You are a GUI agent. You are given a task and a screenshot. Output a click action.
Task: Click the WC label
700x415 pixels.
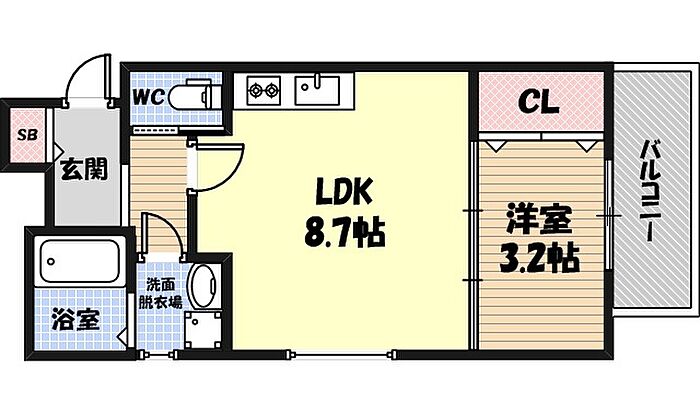[151, 96]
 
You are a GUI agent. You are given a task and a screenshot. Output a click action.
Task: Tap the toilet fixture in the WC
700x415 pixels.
[196, 97]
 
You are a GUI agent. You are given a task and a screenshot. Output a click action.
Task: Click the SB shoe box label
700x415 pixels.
[25, 131]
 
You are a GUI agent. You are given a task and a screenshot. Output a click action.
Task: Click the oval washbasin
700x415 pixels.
[204, 286]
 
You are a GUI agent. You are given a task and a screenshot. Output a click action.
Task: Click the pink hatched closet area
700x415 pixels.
[540, 101]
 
